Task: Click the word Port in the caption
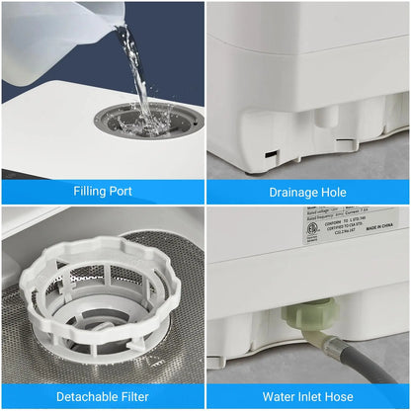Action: pyautogui.click(x=123, y=191)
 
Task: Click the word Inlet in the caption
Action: pyautogui.click(x=322, y=397)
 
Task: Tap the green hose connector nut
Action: pyautogui.click(x=297, y=317)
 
